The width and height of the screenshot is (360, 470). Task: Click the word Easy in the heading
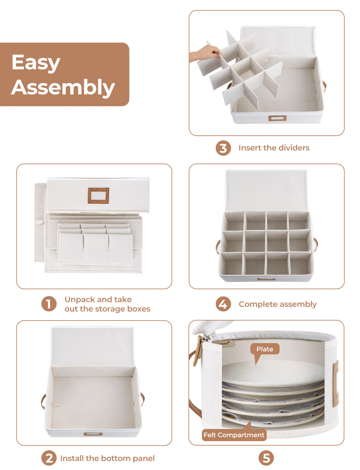pyautogui.click(x=36, y=63)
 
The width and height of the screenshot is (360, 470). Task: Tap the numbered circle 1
pyautogui.click(x=49, y=304)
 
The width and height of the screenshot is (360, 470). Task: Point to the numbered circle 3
pyautogui.click(x=223, y=148)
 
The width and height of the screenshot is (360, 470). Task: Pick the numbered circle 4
pyautogui.click(x=223, y=304)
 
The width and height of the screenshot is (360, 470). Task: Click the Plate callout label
pyautogui.click(x=265, y=349)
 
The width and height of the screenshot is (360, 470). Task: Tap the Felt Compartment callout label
pyautogui.click(x=234, y=435)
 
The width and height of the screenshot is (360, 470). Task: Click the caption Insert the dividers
pyautogui.click(x=274, y=148)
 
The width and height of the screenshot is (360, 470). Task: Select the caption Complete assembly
pyautogui.click(x=278, y=304)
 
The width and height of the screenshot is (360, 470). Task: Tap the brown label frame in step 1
pyautogui.click(x=98, y=196)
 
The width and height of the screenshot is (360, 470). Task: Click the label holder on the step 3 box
pyautogui.click(x=277, y=118)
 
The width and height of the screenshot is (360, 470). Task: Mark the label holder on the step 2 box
pyautogui.click(x=93, y=434)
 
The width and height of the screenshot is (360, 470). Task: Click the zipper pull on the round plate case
pyautogui.click(x=197, y=350)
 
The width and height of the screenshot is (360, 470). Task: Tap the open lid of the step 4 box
pyautogui.click(x=266, y=190)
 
